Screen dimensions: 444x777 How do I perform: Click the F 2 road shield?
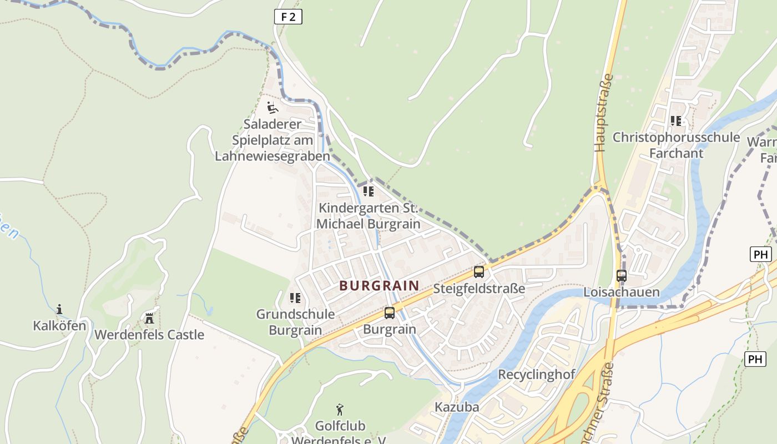[288, 17]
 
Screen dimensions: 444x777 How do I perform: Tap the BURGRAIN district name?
[379, 286]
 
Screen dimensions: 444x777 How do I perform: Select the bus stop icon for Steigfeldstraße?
[478, 272]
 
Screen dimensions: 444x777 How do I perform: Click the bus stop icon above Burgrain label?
[390, 312]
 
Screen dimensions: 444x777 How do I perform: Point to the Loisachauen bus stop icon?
[622, 275]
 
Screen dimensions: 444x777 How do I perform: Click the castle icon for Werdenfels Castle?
[149, 318]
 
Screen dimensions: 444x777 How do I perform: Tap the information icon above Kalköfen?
[59, 309]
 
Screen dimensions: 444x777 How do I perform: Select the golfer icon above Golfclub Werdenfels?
[340, 410]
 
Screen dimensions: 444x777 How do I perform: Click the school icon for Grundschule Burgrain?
[295, 298]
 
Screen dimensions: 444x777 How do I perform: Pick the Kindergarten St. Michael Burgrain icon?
[369, 192]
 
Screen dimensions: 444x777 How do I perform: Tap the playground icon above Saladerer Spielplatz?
[272, 107]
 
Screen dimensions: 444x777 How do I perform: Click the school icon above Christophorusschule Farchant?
[675, 120]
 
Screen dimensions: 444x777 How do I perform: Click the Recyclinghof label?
[536, 374]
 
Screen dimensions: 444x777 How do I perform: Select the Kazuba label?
[456, 407]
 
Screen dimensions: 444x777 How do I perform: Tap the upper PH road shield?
[760, 254]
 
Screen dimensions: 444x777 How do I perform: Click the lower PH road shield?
[755, 359]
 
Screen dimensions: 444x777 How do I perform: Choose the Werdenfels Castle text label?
[149, 335]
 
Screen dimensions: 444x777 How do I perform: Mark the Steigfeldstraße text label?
[478, 289]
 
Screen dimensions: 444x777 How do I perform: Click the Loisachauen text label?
[621, 292]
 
